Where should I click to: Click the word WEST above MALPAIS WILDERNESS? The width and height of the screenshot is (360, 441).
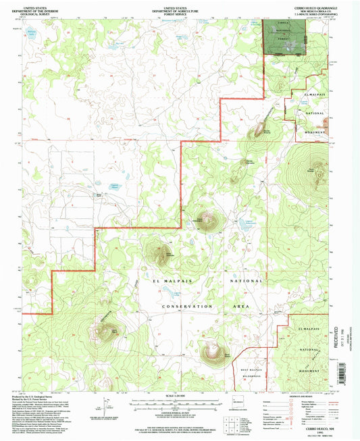tap(244, 371)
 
